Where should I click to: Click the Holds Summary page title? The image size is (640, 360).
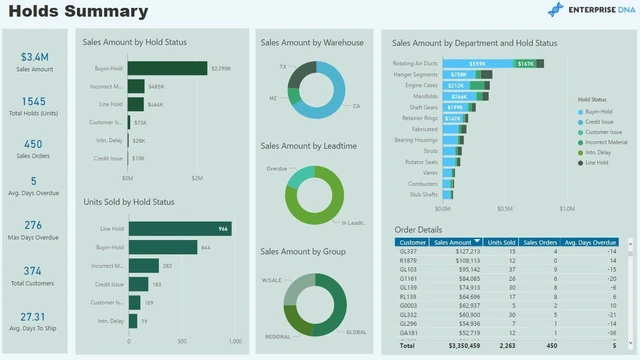(x=78, y=12)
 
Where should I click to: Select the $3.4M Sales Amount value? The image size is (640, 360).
(x=34, y=57)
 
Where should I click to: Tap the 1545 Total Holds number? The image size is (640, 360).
(x=34, y=102)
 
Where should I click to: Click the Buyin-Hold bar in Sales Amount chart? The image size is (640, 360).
(x=166, y=68)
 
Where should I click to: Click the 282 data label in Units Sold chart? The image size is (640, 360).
(x=167, y=265)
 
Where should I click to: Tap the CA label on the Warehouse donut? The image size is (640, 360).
(x=356, y=105)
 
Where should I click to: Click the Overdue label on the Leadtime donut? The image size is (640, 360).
(x=276, y=168)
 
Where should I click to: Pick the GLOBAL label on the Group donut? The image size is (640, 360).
(x=355, y=331)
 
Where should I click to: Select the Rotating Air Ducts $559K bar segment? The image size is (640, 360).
(x=477, y=63)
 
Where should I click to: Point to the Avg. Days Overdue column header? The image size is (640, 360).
(x=590, y=242)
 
